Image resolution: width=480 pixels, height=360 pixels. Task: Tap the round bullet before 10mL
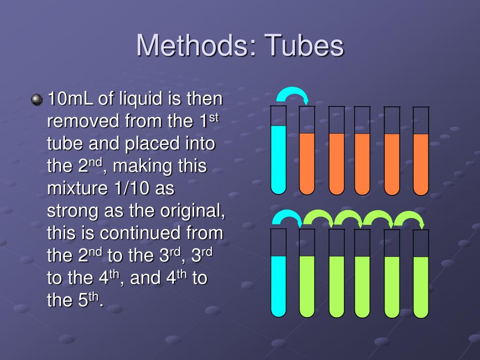[x=36, y=99]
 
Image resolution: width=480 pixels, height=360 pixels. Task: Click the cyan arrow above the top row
[x=292, y=94]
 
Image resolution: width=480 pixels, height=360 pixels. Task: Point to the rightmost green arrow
[x=409, y=218]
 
